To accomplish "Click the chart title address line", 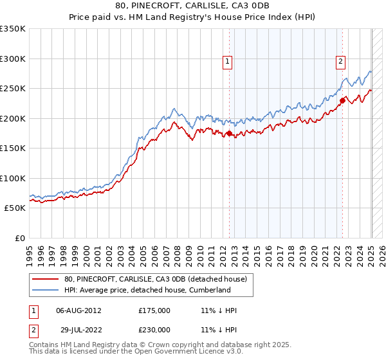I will tap(192, 6).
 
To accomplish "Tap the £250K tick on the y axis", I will tap(13, 89).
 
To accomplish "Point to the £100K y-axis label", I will tap(13, 179).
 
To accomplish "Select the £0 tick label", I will tap(19, 239).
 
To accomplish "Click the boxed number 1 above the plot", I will tap(228, 62).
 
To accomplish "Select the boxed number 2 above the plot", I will tap(340, 62).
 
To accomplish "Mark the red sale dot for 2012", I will tap(229, 134).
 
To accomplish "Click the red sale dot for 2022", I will tap(343, 100).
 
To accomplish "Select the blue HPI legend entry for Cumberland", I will tap(147, 290).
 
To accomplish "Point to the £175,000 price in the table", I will tap(154, 310).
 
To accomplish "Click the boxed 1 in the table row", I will tap(34, 310).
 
